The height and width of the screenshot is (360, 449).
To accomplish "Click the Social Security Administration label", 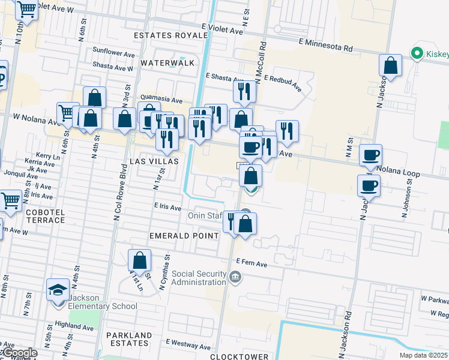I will click(x=197, y=278).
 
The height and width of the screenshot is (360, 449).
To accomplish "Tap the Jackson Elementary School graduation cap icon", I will click(x=58, y=290).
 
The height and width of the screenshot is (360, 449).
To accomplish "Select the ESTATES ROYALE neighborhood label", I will click(x=170, y=35).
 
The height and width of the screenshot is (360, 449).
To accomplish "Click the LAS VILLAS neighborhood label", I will click(x=154, y=162).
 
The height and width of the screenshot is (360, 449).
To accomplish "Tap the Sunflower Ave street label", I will click(x=114, y=53).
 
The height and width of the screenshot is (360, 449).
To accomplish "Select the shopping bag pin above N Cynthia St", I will click(x=139, y=260).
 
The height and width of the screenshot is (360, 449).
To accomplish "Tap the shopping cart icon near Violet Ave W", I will click(x=27, y=9).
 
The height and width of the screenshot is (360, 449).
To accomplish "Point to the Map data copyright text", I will click(x=423, y=355).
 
